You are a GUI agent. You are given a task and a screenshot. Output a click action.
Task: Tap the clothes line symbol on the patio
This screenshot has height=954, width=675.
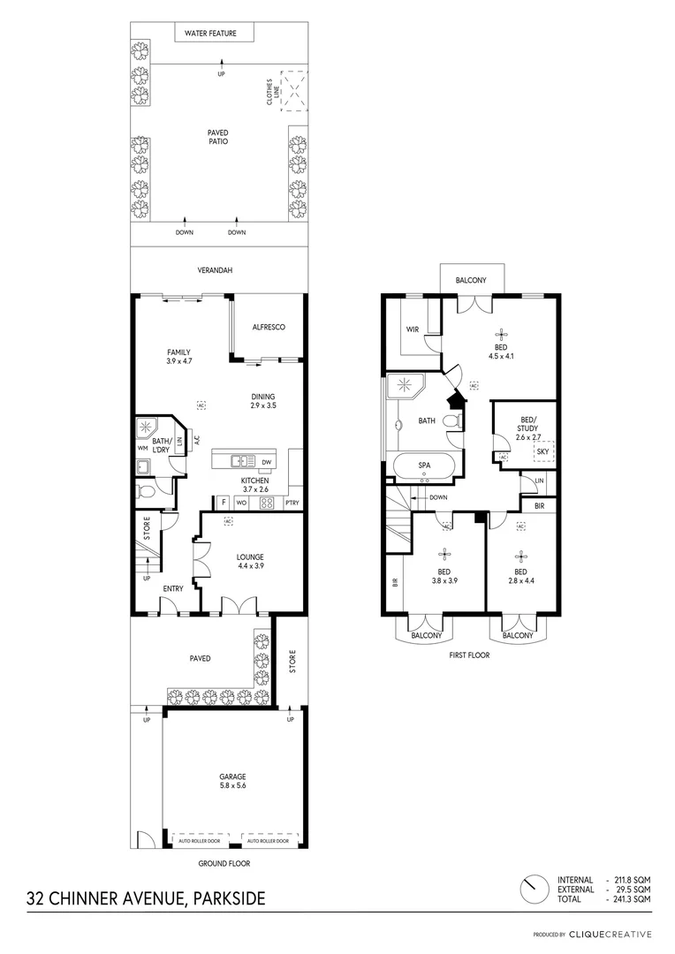[294, 90]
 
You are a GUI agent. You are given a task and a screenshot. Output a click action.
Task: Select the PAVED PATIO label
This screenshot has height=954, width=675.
[218, 136]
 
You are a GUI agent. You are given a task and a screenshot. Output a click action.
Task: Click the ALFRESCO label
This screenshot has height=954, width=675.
[267, 327]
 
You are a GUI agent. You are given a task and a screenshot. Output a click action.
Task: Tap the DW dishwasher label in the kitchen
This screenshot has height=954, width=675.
[266, 462]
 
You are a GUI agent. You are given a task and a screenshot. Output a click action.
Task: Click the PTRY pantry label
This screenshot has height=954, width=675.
[292, 503]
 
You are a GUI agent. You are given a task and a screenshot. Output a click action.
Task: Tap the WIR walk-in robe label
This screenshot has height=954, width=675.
[412, 329]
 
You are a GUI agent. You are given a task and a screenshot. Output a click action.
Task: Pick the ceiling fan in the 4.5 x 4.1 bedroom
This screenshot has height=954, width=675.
[501, 334]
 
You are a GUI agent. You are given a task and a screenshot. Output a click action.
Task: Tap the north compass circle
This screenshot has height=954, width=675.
[532, 888]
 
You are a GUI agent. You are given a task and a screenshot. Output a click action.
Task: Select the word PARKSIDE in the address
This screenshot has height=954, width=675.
[227, 899]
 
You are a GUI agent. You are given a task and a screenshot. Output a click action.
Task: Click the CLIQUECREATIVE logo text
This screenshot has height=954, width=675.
[611, 934]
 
